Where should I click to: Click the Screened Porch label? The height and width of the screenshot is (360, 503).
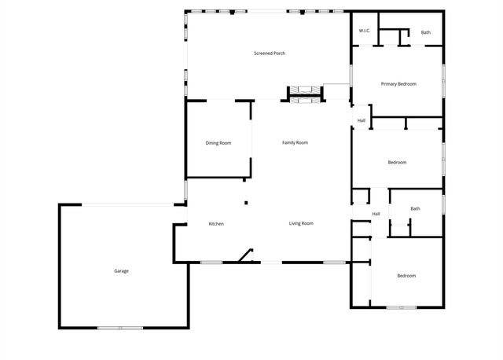coord(269,53)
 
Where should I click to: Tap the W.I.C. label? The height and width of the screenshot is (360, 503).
coord(365,31)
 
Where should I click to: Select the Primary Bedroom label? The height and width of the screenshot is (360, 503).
coord(398,84)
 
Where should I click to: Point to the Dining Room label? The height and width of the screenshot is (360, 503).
coord(218,143)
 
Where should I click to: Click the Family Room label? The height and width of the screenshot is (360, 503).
coord(295,142)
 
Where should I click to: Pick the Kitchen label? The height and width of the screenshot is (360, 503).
coord(216,224)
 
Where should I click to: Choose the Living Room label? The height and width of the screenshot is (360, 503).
coord(301,223)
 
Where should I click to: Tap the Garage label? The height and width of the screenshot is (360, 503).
coord(121,271)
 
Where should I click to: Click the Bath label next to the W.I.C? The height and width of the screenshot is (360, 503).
coord(425,32)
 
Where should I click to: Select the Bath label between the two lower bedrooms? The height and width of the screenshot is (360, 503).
coord(415,208)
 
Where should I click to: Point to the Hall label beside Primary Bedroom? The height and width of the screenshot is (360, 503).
coord(362,120)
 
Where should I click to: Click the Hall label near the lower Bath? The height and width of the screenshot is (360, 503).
coord(376,214)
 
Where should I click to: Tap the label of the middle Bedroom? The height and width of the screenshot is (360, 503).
coord(397,163)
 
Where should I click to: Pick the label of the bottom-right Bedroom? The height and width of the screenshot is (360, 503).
coord(406,276)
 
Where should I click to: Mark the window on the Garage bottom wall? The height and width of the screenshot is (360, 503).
coord(120,327)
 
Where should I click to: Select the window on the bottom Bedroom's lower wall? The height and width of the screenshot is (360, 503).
coord(401,307)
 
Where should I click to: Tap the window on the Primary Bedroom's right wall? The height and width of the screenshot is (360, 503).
coord(443,79)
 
